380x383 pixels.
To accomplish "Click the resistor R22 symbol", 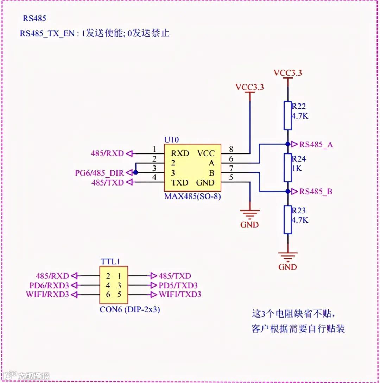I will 288,115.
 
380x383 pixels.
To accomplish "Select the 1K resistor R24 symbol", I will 288,168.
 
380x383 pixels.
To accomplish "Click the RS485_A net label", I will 316,144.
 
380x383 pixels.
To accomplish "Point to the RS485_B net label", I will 316,192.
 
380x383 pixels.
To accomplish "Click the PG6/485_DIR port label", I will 100,173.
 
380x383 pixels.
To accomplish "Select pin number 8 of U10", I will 231,149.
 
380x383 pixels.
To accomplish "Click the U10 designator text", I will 171,139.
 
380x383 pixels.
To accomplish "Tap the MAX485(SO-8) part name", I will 192,196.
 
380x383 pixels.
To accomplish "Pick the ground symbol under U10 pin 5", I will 249,213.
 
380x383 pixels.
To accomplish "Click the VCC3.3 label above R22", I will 288,73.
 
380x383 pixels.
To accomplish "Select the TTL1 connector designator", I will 110,262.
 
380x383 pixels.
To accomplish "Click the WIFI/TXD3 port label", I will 180,294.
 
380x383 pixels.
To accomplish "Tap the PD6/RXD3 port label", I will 49,285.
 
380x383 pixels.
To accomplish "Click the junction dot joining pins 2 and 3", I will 135,172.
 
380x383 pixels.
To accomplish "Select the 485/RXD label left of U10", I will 107,153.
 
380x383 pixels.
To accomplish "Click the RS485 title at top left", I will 34,19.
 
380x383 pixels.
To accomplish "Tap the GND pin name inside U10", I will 205,182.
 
